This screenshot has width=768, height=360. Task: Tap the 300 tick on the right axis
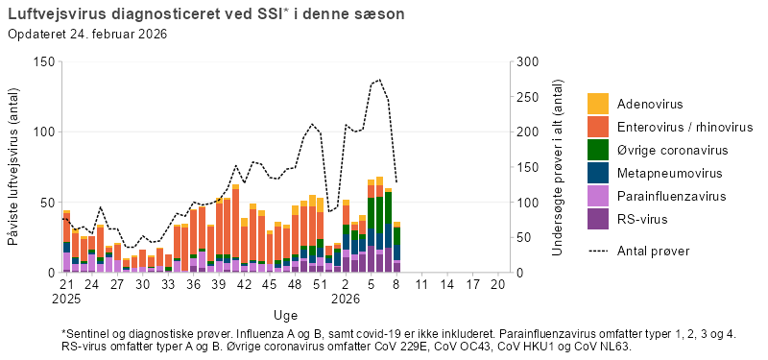pyautogui.click(x=527, y=61)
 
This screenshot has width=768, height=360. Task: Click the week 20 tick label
pyautogui.click(x=497, y=285)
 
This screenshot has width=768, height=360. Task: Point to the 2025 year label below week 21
pyautogui.click(x=66, y=299)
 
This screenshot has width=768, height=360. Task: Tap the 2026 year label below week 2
pyautogui.click(x=346, y=299)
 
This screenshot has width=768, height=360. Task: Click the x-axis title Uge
pyautogui.click(x=285, y=315)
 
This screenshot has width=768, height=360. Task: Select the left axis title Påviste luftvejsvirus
pyautogui.click(x=15, y=168)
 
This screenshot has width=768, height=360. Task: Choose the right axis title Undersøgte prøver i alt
pyautogui.click(x=558, y=168)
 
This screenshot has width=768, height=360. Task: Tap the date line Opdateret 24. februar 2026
pyautogui.click(x=88, y=35)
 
